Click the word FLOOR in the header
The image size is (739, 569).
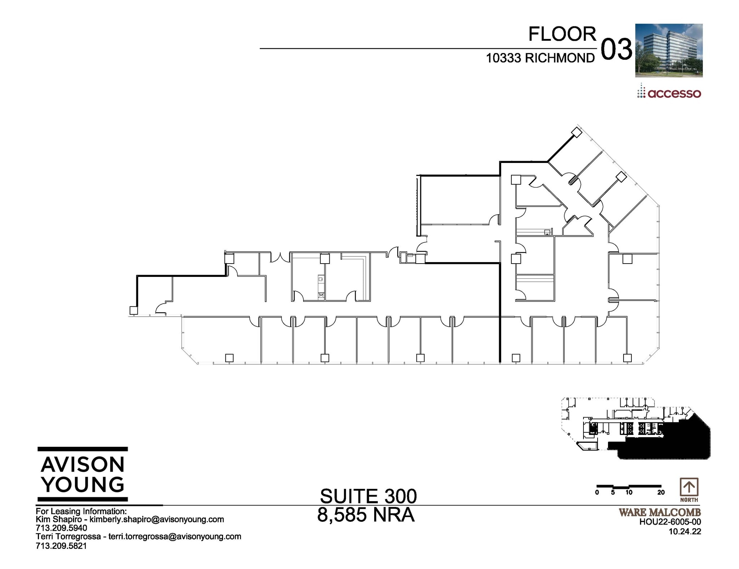562,34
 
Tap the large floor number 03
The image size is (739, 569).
616,50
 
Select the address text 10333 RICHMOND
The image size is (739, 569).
540,58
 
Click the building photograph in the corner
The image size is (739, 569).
669,50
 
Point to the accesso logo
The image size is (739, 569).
669,92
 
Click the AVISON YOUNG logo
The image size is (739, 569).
83,474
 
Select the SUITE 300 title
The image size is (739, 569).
368,497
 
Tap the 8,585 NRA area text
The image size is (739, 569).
366,515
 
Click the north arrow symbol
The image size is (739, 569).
689,488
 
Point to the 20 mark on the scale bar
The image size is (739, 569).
661,493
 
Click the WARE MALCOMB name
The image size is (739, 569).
660,512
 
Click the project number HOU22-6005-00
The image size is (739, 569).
670,522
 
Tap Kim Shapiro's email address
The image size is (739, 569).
157,520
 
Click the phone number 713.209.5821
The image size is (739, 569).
61,546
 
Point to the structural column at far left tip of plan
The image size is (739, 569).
134,310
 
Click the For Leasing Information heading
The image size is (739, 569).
81,511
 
